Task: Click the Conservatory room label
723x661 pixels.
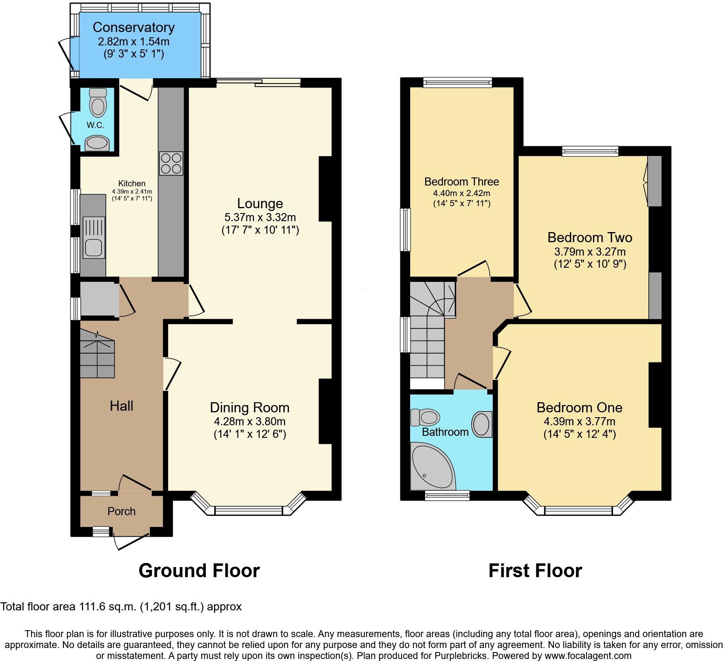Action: [x=133, y=28]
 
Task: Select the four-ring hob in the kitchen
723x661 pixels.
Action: [x=171, y=163]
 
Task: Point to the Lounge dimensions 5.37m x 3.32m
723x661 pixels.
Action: [x=260, y=217]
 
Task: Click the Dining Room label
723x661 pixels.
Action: [x=250, y=407]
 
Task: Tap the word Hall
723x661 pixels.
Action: [x=121, y=406]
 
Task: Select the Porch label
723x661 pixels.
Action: [x=121, y=512]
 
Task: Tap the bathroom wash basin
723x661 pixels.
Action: [x=482, y=424]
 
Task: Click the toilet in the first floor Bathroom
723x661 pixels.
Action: [x=426, y=417]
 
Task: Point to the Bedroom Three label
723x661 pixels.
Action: [x=462, y=181]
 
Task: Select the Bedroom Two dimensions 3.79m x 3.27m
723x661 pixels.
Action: [x=590, y=252]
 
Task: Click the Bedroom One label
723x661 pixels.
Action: [x=579, y=407]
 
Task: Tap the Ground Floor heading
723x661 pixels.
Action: [x=199, y=571]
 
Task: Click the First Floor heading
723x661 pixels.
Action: [x=535, y=571]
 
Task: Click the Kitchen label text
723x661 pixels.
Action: [x=132, y=183]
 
